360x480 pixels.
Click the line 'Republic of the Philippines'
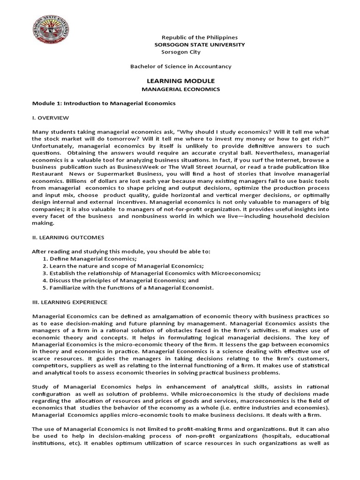[200, 37]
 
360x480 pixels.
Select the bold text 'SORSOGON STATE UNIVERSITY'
[200, 45]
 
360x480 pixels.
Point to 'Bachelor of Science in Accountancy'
[180, 67]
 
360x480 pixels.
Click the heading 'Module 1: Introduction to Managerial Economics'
[104, 103]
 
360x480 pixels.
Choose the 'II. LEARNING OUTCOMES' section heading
[68, 238]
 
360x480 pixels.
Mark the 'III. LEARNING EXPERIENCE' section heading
[70, 302]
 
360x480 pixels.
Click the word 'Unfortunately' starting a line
[52, 145]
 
